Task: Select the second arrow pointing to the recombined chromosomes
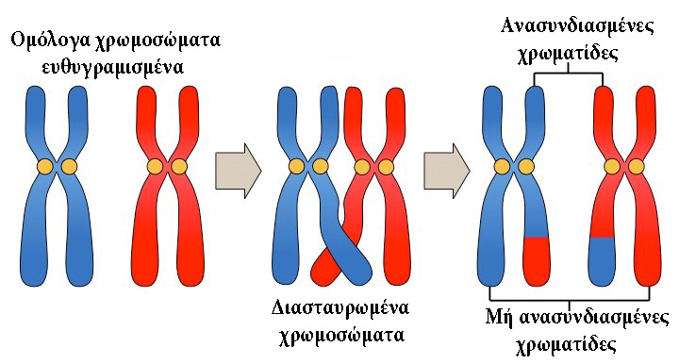[x=446, y=170]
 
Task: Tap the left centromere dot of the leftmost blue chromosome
[x=44, y=167]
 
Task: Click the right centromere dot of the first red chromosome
[x=179, y=167]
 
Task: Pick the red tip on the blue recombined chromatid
[x=536, y=253]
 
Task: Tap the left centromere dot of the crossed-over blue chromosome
[x=297, y=167]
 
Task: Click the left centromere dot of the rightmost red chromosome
[x=612, y=167]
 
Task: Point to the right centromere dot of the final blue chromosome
[x=526, y=167]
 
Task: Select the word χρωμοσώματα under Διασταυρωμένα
[x=341, y=335]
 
